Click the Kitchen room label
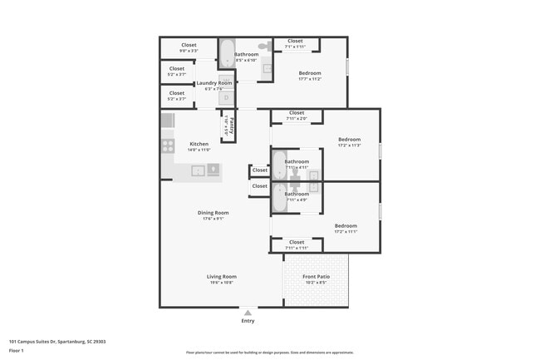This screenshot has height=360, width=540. pyautogui.click(x=199, y=143)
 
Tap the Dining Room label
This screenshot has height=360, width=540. pyautogui.click(x=213, y=213)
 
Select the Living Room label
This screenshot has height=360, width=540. pyautogui.click(x=222, y=276)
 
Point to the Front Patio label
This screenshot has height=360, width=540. pyautogui.click(x=316, y=276)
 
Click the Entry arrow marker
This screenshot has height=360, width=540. pyautogui.click(x=248, y=313)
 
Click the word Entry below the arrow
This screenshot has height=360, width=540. pyautogui.click(x=248, y=321)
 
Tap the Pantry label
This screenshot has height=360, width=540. pyautogui.click(x=232, y=127)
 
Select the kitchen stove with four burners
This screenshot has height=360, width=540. pyautogui.click(x=168, y=145)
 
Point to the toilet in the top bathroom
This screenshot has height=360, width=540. pyautogui.click(x=265, y=47)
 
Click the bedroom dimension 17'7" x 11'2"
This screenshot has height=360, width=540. pyautogui.click(x=310, y=80)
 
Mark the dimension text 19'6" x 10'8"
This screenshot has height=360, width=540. pyautogui.click(x=222, y=283)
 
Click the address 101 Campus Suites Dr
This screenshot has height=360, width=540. pyautogui.click(x=57, y=341)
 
